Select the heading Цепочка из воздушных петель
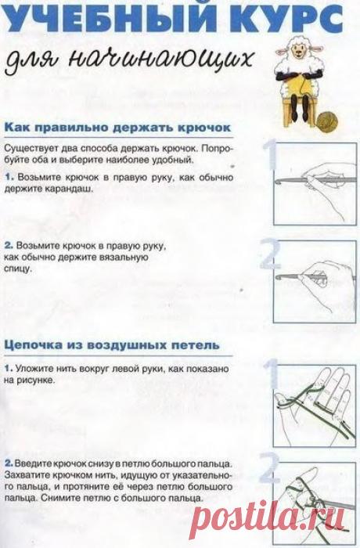[112, 344]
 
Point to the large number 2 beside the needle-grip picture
[271, 255]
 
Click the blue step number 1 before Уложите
[8, 366]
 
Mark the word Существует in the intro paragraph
[31, 148]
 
